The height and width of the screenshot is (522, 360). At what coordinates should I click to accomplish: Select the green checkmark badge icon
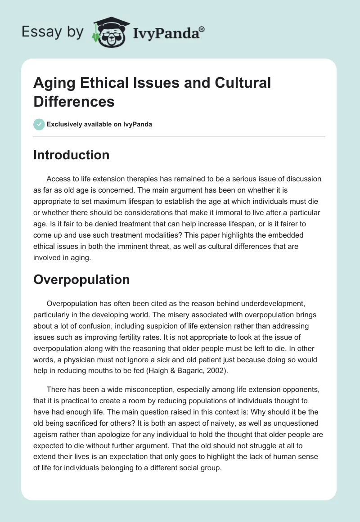[39, 124]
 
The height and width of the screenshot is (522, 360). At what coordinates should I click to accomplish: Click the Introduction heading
[72, 155]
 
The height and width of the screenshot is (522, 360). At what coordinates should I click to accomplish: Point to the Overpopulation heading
[81, 279]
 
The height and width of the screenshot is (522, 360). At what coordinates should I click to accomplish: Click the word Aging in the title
[55, 83]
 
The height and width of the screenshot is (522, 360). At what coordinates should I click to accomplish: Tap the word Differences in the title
[74, 102]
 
